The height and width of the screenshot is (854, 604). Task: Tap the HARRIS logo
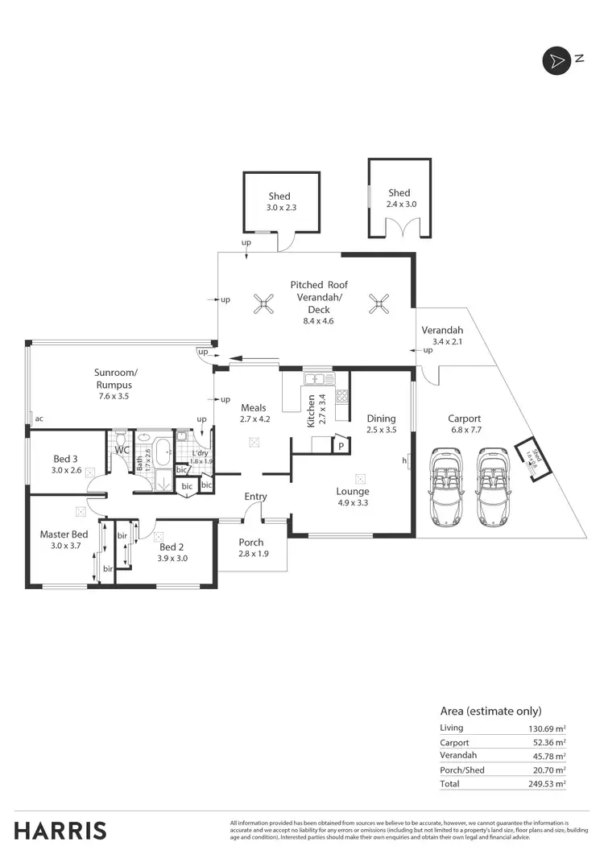[60, 830]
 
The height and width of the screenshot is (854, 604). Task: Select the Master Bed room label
[64, 534]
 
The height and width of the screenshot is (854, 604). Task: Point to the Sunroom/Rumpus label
[117, 378]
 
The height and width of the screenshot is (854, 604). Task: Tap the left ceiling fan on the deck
[263, 303]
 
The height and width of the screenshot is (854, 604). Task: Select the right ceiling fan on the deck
[378, 303]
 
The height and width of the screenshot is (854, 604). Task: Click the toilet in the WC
[121, 440]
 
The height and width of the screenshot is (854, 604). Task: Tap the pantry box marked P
[341, 445]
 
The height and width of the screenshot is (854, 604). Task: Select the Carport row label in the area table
[454, 742]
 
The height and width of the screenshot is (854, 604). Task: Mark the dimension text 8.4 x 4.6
[317, 320]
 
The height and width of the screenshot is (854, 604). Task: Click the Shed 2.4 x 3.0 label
[399, 198]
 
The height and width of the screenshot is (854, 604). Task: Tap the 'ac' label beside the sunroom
[39, 418]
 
